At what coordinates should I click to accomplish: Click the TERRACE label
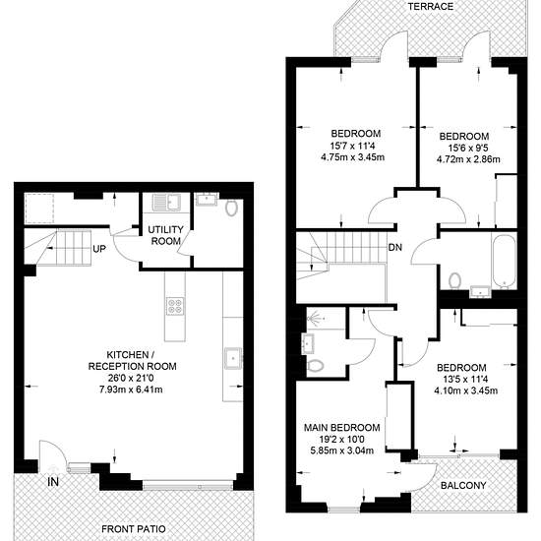click(x=430, y=7)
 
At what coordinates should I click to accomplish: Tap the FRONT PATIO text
click(x=134, y=528)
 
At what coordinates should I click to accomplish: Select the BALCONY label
click(x=463, y=486)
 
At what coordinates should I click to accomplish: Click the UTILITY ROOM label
click(x=165, y=235)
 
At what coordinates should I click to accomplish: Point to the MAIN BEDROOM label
click(x=342, y=428)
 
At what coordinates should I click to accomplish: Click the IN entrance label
click(x=53, y=482)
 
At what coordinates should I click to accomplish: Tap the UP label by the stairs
click(x=99, y=249)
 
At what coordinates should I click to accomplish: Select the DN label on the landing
click(x=395, y=247)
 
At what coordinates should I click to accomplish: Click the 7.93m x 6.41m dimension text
click(x=131, y=390)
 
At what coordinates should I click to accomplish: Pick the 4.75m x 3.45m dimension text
click(x=352, y=157)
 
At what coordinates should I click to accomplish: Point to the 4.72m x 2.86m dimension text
click(x=468, y=159)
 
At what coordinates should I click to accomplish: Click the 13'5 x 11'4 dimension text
click(x=465, y=380)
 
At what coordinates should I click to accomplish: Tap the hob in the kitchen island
click(x=174, y=306)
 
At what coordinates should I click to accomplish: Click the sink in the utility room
click(x=167, y=202)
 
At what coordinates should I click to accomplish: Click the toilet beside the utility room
click(x=231, y=209)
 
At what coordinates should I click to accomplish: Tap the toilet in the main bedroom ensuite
click(x=315, y=365)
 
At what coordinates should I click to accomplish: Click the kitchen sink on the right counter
click(x=233, y=358)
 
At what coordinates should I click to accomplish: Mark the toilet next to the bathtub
click(x=454, y=280)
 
